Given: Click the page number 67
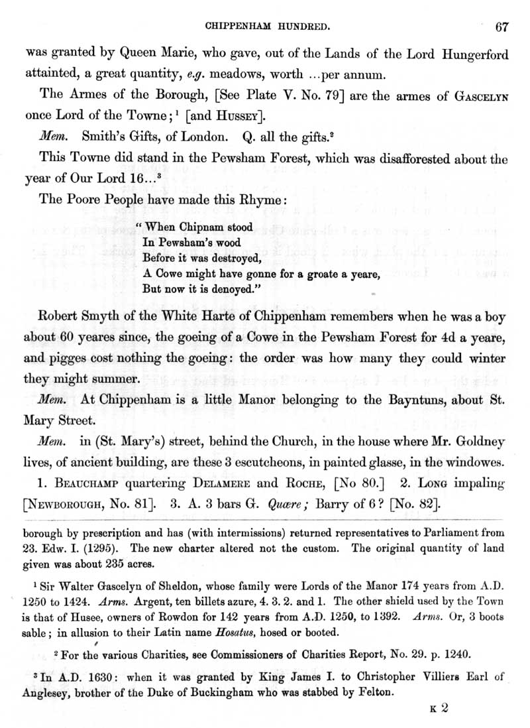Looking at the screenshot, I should click(502, 27).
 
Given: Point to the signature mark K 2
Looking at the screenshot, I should click(439, 707).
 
